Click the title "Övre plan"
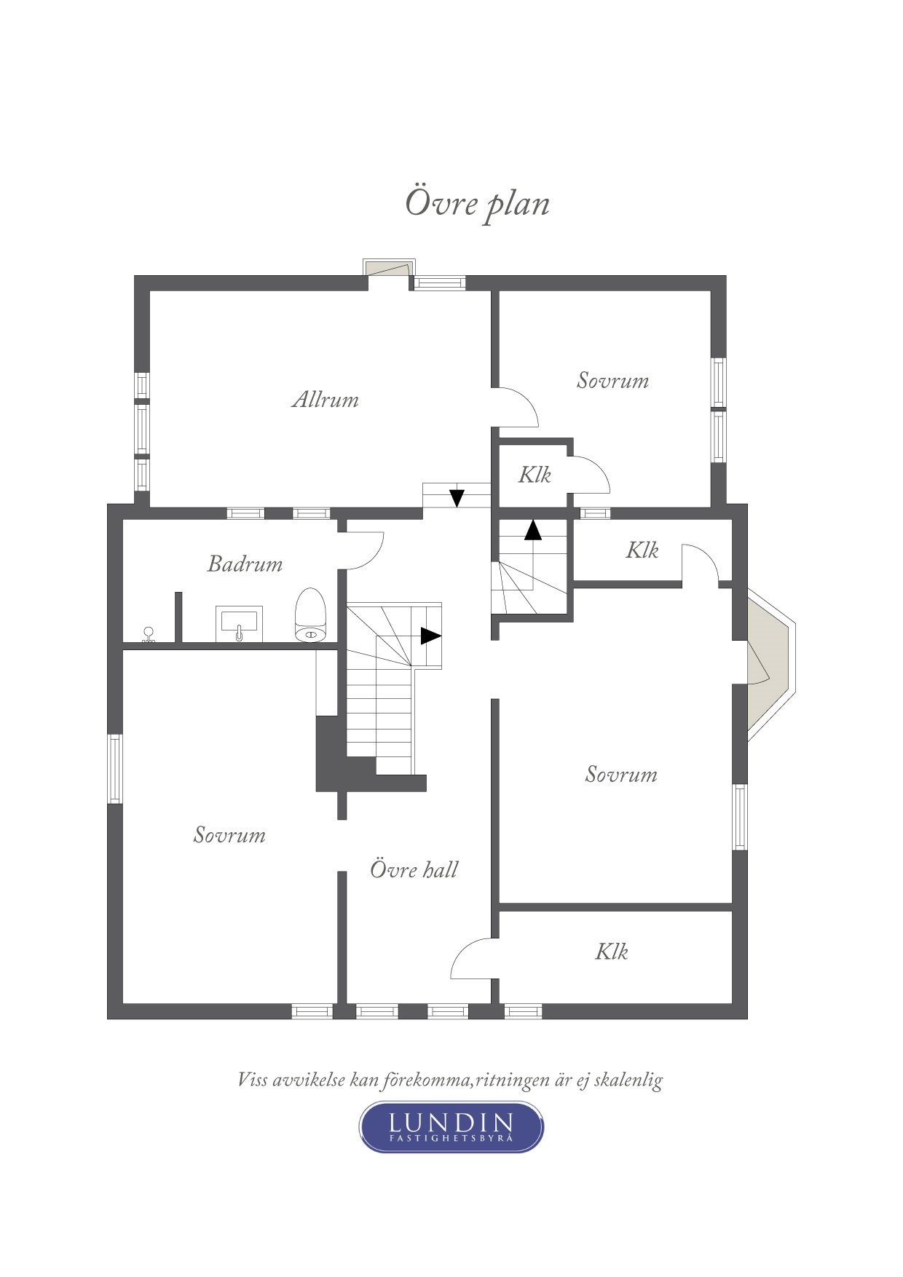pos(477,204)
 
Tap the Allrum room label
pos(326,399)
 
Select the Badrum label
pos(245,564)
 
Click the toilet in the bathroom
pos(311,615)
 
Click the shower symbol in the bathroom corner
pos(149,635)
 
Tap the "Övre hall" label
pos(414,869)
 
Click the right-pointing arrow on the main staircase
pos(431,636)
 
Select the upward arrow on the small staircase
pos(533,529)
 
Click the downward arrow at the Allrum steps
pos(457,498)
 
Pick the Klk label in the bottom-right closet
pos(612,951)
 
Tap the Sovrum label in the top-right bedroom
pos(612,380)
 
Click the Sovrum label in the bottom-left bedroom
pos(229,834)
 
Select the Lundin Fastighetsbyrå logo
pos(451,1127)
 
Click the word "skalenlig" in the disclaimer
pos(628,1080)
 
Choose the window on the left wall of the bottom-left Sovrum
pos(115,769)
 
